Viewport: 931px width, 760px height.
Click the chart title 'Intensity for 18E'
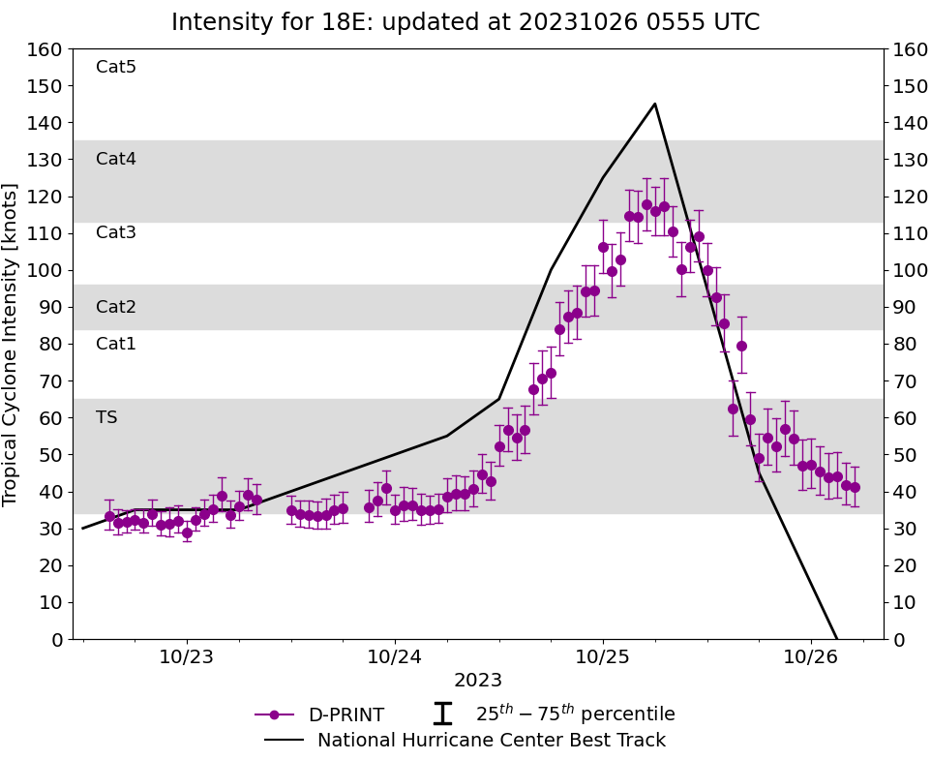pos(465,22)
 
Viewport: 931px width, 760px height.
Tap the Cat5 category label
pos(116,67)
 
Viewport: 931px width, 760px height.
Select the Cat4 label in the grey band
pos(116,159)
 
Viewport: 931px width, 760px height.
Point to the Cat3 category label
pos(116,232)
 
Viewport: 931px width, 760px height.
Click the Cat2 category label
pos(116,307)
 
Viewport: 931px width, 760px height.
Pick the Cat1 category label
pos(116,344)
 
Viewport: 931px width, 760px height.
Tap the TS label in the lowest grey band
pos(106,417)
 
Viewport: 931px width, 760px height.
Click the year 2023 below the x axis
pos(478,681)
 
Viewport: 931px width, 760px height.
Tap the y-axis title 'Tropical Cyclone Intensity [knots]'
pos(12,344)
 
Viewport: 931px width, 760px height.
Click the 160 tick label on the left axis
pos(46,49)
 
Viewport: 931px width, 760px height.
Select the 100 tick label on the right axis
pos(908,270)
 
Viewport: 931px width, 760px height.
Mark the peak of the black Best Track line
pos(655,104)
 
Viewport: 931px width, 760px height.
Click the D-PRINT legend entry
pos(345,715)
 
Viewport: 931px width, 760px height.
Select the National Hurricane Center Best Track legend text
pos(492,741)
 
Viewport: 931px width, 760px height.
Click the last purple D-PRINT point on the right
pos(855,487)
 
